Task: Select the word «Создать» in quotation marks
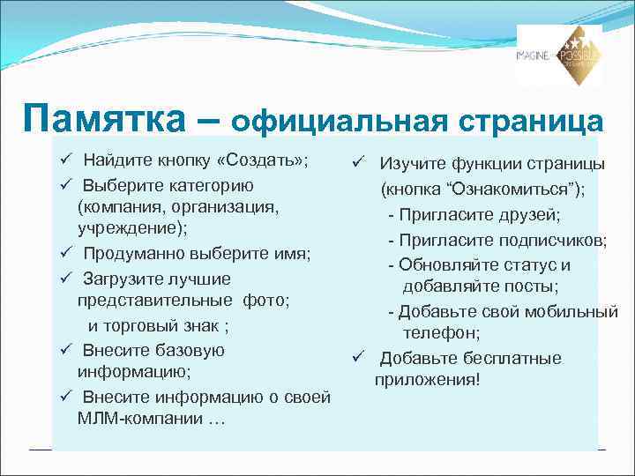264,160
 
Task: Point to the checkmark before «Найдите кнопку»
65,160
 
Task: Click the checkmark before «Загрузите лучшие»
65,279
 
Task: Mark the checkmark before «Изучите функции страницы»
358,164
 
